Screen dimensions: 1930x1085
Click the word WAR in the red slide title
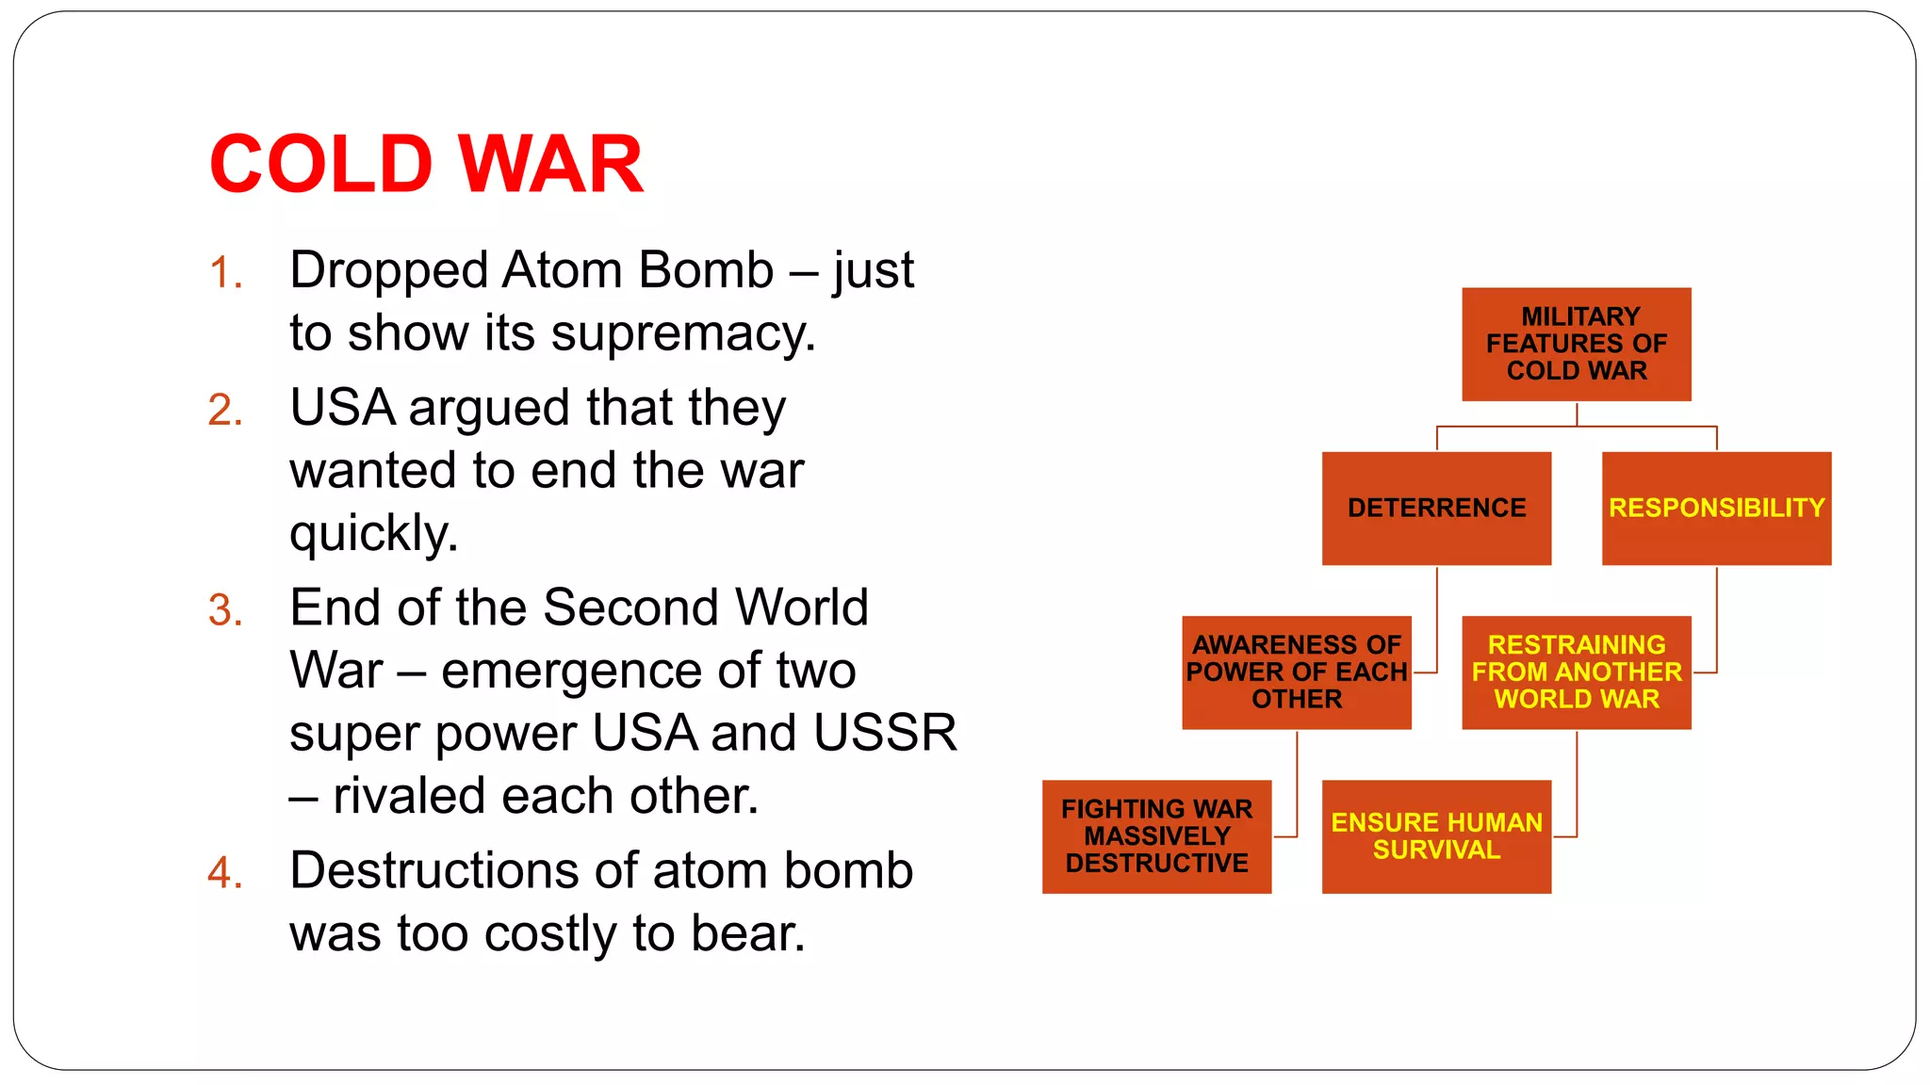click(x=551, y=164)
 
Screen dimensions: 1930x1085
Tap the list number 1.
click(x=225, y=273)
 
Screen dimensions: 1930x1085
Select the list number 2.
click(x=225, y=411)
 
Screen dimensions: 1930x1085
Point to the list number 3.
click(x=225, y=610)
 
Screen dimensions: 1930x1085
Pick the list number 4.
click(x=225, y=873)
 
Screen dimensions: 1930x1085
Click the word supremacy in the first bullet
click(x=682, y=334)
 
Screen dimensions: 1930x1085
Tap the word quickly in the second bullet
click(x=373, y=534)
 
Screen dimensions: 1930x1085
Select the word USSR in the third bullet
click(x=885, y=733)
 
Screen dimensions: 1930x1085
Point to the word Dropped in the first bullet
click(x=388, y=271)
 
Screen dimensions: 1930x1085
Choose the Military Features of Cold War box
click(x=1576, y=344)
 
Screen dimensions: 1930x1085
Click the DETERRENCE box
click(x=1436, y=508)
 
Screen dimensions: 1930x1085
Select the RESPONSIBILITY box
click(x=1716, y=508)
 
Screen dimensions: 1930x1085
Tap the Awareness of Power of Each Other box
click(x=1297, y=672)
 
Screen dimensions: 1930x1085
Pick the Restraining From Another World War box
click(x=1576, y=672)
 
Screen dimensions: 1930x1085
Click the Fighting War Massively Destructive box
click(x=1156, y=836)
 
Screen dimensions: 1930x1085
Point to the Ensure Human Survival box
click(x=1436, y=836)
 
